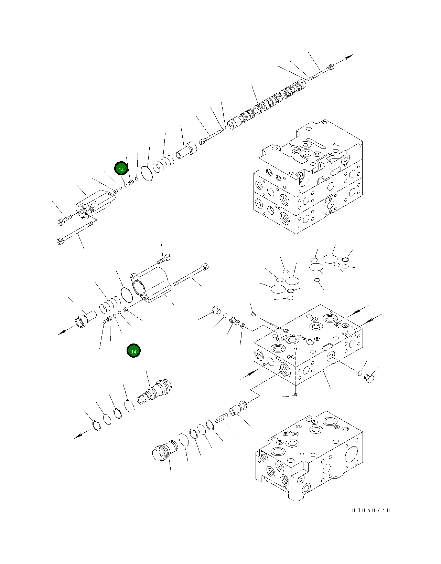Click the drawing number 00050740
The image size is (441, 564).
[371, 510]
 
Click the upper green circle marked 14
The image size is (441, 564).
[121, 169]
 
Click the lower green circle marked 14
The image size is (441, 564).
[133, 351]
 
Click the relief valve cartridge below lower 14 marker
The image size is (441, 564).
[155, 392]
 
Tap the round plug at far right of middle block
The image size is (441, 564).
[369, 379]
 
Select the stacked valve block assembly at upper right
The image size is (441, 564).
[308, 177]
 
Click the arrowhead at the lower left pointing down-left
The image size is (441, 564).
[78, 437]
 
